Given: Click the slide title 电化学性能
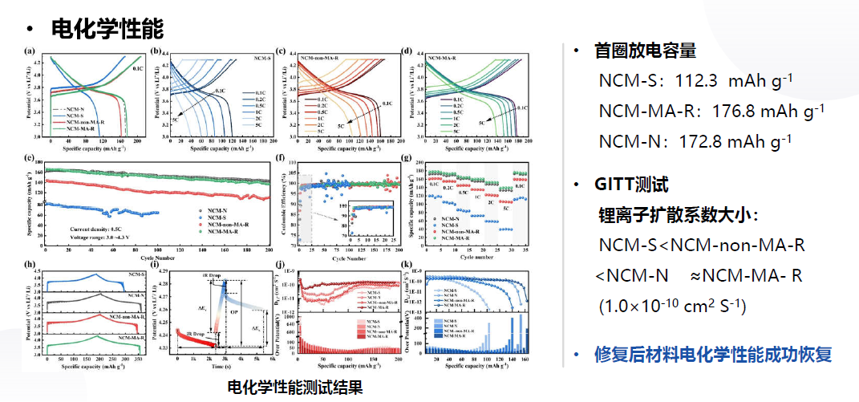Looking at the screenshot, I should tap(107, 30).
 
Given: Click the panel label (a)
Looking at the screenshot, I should tap(30, 51).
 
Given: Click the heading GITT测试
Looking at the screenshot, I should tap(630, 185).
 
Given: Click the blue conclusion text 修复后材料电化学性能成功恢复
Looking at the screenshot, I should tap(713, 354).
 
